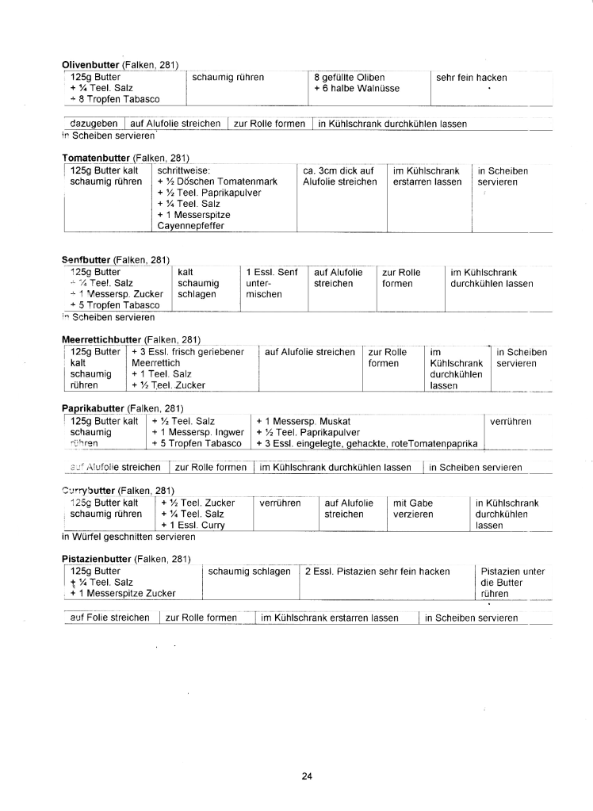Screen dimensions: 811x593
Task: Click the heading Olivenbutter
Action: pos(90,64)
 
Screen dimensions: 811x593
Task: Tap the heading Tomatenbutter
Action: pos(95,159)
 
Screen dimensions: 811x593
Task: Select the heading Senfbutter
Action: pos(86,259)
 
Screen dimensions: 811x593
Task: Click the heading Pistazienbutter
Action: pos(97,559)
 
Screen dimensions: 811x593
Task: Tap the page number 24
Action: pos(307,776)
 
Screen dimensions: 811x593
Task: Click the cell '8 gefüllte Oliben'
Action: pos(349,77)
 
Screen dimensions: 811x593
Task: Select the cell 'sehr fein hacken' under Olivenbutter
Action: pos(471,77)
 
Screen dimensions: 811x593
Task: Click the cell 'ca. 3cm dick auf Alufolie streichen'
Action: pos(339,176)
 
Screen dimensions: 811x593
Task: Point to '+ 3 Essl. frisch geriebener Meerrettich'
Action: pos(188,357)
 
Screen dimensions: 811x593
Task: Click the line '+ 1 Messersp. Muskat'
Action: pos(303,421)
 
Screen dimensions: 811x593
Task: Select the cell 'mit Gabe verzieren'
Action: pos(413,508)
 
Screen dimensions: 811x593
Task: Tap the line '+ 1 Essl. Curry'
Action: pos(193,525)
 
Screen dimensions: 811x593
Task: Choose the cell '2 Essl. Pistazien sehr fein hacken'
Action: pos(377,571)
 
